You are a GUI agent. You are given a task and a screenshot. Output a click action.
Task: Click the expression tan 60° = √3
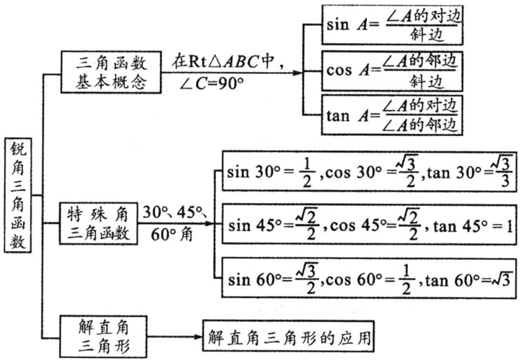469,278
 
